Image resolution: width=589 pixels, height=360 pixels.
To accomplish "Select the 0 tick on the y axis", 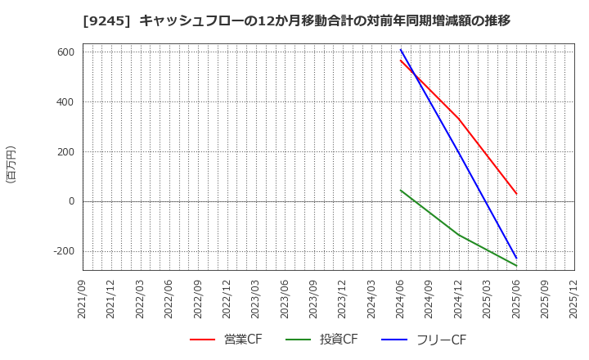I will tap(71, 201).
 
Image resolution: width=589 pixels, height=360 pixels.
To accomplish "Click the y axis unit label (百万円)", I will tap(11, 164).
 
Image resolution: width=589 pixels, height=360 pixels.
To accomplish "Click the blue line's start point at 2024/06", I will tap(401, 50).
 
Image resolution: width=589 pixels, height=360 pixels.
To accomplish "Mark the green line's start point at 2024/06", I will tap(401, 190).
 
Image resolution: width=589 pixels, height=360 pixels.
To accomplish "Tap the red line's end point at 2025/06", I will tap(516, 194).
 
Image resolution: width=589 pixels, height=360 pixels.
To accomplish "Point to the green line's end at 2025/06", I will tap(516, 266).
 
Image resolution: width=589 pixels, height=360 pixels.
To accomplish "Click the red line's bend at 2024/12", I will tap(458, 119).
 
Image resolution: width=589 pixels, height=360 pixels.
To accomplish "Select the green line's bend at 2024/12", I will tap(458, 235).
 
